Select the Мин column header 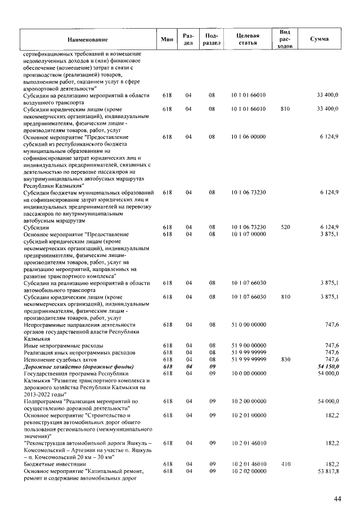(x=166, y=39)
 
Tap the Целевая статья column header (x=248, y=39)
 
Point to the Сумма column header (x=319, y=39)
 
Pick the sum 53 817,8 (x=327, y=471)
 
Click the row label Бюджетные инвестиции (x=51, y=464)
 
